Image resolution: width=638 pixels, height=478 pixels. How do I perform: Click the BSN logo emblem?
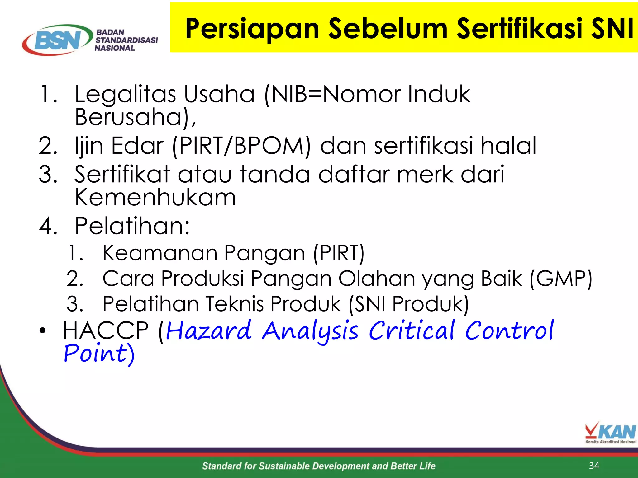click(58, 40)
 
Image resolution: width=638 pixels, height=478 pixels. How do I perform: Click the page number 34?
click(594, 466)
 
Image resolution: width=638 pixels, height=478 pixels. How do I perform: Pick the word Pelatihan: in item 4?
click(132, 226)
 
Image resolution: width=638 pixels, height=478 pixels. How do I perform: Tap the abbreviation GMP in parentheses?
click(561, 279)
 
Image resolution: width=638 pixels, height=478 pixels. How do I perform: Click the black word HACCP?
click(106, 330)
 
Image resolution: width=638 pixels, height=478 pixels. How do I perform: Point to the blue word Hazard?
click(209, 330)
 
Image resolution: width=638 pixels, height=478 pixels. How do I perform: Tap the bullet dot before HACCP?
click(43, 331)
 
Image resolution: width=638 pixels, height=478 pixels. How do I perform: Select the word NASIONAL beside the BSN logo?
click(115, 48)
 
